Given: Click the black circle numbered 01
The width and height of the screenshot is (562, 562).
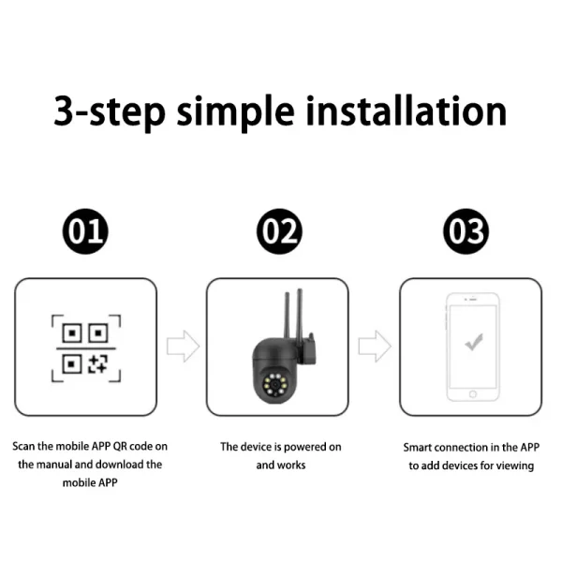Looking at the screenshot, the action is click(85, 231).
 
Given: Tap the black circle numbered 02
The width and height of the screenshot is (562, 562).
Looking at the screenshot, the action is click(279, 231).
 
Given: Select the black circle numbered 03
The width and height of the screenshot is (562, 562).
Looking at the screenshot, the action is click(466, 231).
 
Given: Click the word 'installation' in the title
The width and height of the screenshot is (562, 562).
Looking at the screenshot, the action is click(407, 111).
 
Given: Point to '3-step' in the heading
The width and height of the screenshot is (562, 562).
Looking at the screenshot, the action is click(110, 113).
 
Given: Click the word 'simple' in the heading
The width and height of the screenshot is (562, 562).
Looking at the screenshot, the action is click(235, 113).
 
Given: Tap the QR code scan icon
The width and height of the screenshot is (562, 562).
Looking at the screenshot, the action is click(86, 348).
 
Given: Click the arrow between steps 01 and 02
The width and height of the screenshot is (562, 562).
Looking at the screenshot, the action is click(184, 347).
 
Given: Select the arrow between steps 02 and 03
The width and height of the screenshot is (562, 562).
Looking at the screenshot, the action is click(375, 347).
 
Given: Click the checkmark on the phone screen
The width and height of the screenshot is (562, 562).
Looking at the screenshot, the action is click(474, 342).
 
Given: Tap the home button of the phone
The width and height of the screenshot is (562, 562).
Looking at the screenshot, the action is click(473, 394).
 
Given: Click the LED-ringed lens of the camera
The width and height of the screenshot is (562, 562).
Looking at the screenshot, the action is click(274, 385).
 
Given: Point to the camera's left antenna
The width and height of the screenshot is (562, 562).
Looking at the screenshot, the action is click(288, 317).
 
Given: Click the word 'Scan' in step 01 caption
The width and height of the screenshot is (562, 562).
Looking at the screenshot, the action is click(24, 446).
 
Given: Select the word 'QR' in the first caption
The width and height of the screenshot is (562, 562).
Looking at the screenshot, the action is click(120, 446).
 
